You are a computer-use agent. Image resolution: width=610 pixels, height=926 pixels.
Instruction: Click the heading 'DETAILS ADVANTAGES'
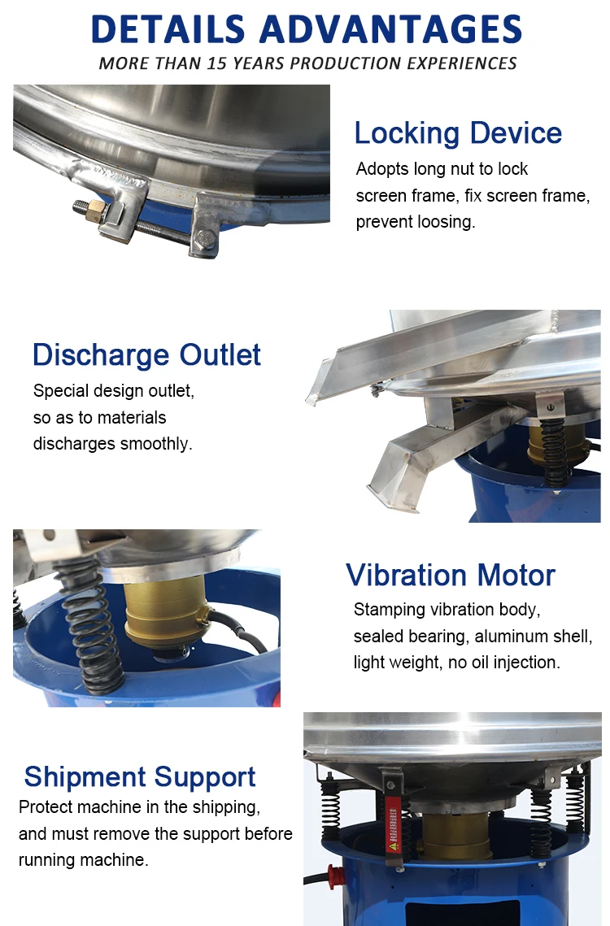(306, 29)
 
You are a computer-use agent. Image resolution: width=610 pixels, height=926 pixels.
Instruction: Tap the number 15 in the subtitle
(216, 63)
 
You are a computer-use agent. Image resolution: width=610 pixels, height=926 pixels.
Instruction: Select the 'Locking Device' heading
(457, 133)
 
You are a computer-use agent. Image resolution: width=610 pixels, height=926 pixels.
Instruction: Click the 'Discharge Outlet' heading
(146, 355)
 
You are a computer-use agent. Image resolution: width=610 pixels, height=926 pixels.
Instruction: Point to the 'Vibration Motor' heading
(451, 576)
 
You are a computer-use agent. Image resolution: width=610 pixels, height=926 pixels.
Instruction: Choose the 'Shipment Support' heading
(140, 777)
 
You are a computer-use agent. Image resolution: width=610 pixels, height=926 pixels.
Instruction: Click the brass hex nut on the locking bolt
(96, 211)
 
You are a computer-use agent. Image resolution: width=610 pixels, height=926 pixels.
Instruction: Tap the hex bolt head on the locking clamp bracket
(204, 238)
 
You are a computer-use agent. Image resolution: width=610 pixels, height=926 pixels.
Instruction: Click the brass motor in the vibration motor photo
(168, 614)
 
